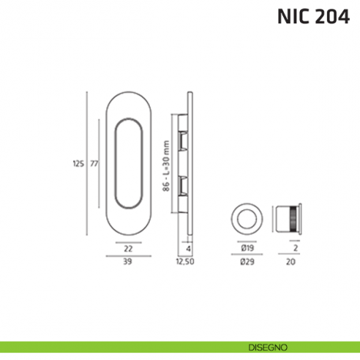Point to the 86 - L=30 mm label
pos(166,165)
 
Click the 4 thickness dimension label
pos(189,247)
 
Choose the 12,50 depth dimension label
pos(186,261)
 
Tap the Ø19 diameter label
pos(247,247)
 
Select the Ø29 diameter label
pos(247,261)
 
